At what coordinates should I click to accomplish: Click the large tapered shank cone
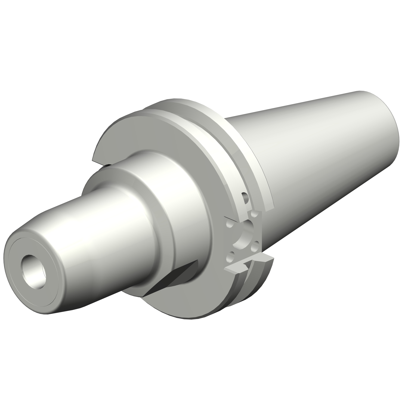pos(313,163)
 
